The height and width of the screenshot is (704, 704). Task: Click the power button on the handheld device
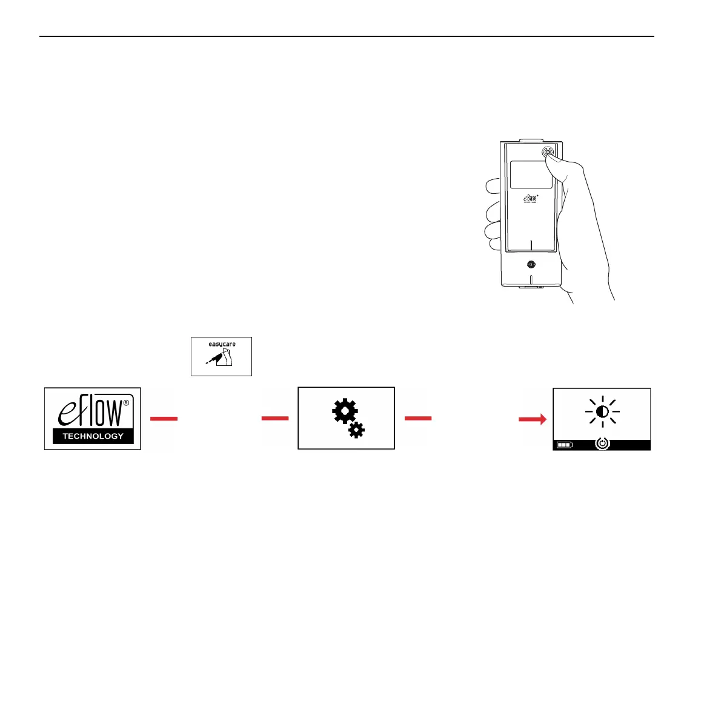coord(546,152)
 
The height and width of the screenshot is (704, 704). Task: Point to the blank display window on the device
coord(531,174)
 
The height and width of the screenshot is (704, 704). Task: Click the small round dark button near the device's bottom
coord(531,264)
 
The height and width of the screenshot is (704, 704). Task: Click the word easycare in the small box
coord(222,344)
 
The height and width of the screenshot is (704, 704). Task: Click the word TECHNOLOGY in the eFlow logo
coord(93,436)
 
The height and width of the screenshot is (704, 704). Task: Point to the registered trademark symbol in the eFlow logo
coord(126,402)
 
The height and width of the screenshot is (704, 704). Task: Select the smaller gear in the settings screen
coord(357,430)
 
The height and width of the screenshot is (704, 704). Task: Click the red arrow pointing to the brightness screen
coord(533,419)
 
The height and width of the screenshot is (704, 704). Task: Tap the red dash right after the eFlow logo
coord(164,419)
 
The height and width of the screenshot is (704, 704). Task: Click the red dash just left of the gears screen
coord(275,418)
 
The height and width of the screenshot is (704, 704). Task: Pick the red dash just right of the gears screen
coord(418,418)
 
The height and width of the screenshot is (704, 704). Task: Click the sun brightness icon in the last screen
coord(602,412)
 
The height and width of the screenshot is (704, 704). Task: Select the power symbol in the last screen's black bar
coord(602,444)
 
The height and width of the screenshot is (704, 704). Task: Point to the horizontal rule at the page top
coord(347,36)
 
